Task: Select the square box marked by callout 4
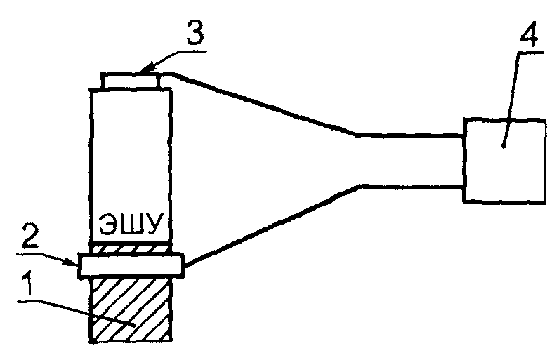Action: tap(503, 160)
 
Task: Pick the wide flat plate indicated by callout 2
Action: tap(131, 265)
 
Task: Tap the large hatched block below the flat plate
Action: tap(131, 309)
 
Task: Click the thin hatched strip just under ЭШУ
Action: tap(131, 248)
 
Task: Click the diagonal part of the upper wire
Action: tap(267, 102)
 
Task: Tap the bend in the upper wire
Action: tap(357, 134)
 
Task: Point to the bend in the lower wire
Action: tap(361, 186)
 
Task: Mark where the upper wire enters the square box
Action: tap(463, 136)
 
